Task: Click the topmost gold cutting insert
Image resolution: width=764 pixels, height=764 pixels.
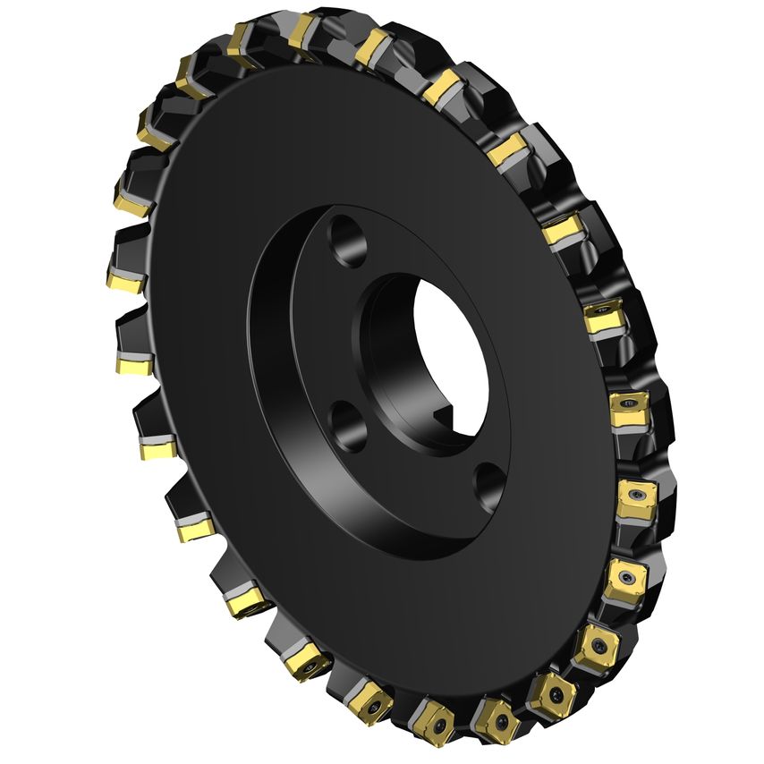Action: [x=303, y=30]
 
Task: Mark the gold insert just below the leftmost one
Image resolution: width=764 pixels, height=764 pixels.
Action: [x=135, y=363]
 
